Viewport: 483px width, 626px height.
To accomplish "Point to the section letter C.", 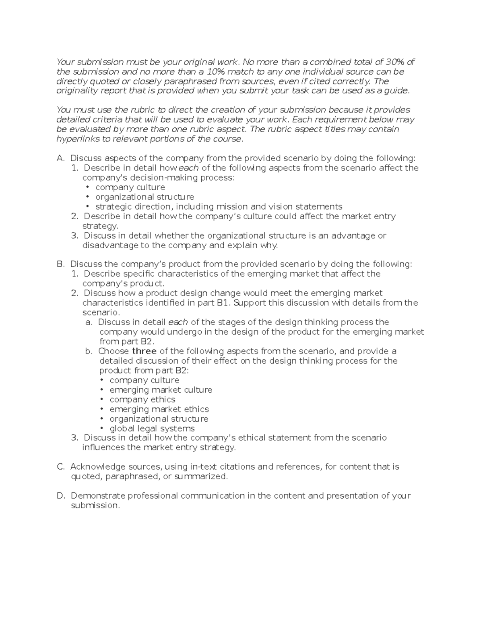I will [x=61, y=467].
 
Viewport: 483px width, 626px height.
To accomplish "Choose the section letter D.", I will [x=61, y=496].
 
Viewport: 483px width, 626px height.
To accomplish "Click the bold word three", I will [x=144, y=351].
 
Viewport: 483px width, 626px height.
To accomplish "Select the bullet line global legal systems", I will [x=152, y=428].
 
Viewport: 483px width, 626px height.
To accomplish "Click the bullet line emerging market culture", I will [x=161, y=390].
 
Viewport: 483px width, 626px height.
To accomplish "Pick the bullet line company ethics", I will [x=142, y=399].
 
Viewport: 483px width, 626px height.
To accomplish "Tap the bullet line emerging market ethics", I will [x=159, y=409].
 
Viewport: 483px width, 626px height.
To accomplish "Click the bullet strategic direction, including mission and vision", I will [x=219, y=207].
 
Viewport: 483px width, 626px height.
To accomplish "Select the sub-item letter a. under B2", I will [x=89, y=322].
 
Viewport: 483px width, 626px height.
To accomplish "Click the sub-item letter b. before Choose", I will [x=89, y=351].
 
